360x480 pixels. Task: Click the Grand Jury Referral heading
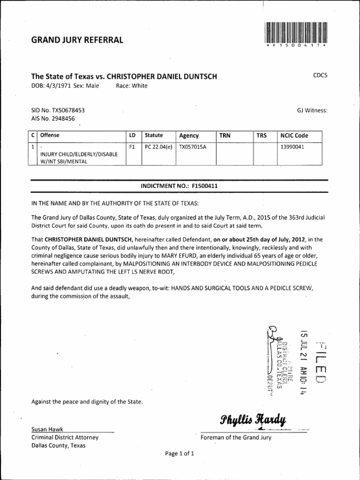pyautogui.click(x=77, y=40)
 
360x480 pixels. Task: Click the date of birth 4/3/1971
pyautogui.click(x=59, y=86)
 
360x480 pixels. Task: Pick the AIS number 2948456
pyautogui.click(x=65, y=119)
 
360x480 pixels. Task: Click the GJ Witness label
pyautogui.click(x=312, y=110)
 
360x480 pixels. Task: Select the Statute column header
pyautogui.click(x=154, y=135)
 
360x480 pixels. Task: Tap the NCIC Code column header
pyautogui.click(x=294, y=135)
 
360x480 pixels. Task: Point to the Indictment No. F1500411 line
pyautogui.click(x=179, y=186)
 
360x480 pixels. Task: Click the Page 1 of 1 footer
pyautogui.click(x=179, y=454)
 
